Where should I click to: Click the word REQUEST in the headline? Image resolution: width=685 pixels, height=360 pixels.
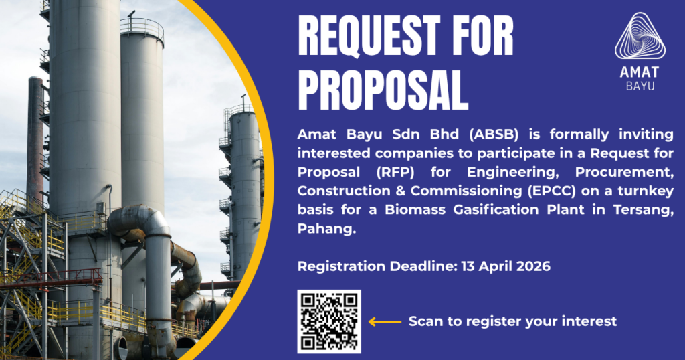(369, 36)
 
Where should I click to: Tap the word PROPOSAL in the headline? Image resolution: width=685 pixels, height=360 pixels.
(383, 90)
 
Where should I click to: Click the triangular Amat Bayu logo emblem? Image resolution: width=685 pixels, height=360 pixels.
(640, 36)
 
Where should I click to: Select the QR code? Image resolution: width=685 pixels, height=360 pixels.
(329, 321)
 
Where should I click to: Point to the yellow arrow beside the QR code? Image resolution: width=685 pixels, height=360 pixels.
(385, 322)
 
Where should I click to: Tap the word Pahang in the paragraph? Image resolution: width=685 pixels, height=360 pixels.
(326, 228)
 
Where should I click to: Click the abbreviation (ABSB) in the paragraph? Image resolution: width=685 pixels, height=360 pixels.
(494, 134)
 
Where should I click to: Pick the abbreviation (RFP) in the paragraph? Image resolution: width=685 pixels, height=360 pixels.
(395, 172)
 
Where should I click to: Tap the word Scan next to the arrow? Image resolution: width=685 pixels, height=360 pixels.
(425, 321)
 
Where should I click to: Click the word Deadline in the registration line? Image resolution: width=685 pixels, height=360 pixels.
(423, 266)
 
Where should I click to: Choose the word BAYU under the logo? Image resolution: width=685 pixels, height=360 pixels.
(640, 86)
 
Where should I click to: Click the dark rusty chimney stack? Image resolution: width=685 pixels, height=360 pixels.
(35, 140)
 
